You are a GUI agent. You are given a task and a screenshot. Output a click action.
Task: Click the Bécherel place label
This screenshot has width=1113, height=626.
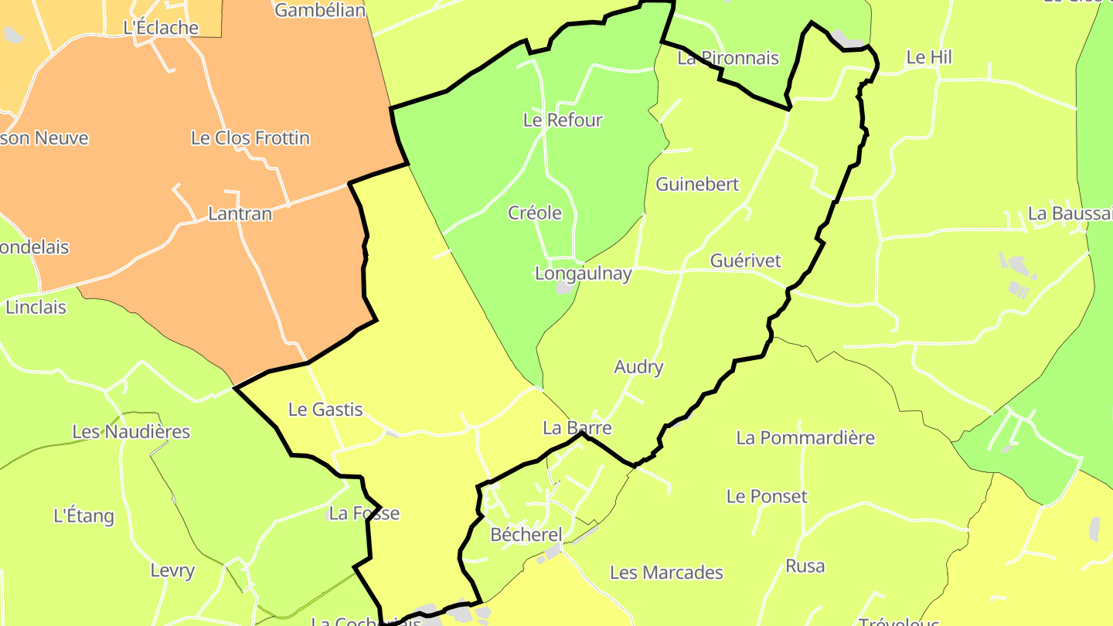coord(526,535)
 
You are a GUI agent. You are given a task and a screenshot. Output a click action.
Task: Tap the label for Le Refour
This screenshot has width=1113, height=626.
coord(563,120)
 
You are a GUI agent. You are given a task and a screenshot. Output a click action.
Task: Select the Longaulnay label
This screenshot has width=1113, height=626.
coord(584,274)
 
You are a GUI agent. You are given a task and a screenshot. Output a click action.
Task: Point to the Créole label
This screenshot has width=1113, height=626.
coord(535,213)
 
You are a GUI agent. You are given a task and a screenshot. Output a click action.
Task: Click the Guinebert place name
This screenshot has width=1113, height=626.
coord(697,184)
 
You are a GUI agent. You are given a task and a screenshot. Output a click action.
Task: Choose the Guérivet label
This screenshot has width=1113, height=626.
coord(745,260)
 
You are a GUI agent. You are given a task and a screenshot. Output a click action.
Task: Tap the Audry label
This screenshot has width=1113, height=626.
coord(638,367)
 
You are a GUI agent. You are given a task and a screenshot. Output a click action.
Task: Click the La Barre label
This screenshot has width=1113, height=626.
coord(577,428)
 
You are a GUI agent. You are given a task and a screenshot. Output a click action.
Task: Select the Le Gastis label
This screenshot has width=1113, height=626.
coord(325,410)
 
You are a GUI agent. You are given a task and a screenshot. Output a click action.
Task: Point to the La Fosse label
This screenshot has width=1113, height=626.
coord(364,513)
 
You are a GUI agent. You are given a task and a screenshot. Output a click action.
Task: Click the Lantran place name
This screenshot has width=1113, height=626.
coord(240,214)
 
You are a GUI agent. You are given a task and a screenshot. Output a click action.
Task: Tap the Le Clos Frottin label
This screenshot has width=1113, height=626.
coord(250,138)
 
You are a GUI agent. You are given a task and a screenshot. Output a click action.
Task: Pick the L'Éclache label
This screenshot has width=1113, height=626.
coord(161,28)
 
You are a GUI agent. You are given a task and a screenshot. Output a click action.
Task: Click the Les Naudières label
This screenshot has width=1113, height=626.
coord(131,431)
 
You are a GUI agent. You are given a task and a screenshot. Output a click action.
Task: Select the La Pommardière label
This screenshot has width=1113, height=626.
coord(805,438)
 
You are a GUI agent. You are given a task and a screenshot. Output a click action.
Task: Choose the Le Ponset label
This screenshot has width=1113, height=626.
coord(767,496)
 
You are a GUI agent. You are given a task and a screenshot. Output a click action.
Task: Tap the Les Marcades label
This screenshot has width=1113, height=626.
coord(666,573)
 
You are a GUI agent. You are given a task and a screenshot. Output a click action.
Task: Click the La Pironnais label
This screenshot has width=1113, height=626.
coord(728,58)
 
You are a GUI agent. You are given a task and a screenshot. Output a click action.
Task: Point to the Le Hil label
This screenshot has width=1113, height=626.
coord(929,57)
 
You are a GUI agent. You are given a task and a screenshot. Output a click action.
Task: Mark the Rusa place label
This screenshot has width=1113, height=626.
coord(805,566)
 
